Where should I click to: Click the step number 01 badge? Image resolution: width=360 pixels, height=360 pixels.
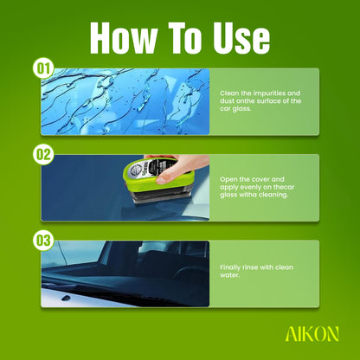[43, 69]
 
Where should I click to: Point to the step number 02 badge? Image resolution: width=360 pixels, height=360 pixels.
[43, 155]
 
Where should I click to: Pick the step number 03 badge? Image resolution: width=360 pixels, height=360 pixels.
[43, 241]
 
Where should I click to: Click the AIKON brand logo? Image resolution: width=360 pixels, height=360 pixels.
[312, 334]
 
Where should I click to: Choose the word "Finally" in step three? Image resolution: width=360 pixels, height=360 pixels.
[230, 267]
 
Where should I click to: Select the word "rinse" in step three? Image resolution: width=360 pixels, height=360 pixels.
[250, 267]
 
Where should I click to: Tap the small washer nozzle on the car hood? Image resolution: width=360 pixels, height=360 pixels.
[66, 298]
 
